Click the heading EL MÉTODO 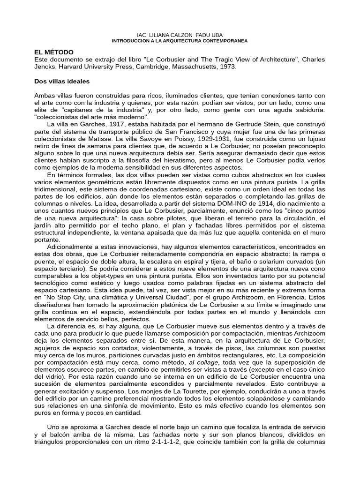point(54,52)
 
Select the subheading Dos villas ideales point(62,81)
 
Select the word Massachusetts point(195,67)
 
